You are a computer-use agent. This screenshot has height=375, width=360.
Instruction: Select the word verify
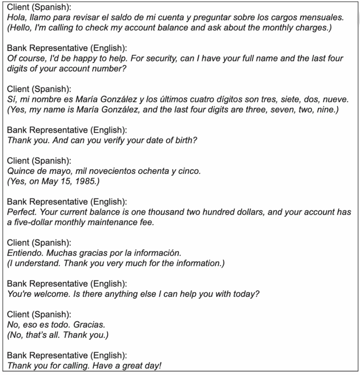point(105,140)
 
